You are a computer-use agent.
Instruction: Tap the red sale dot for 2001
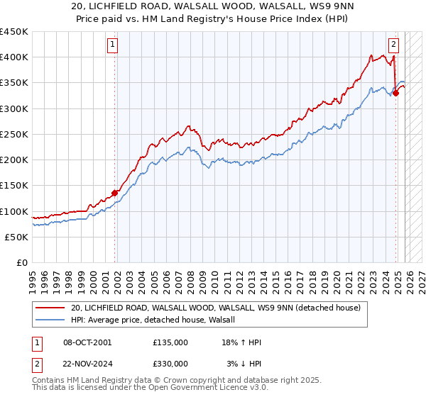coord(114,193)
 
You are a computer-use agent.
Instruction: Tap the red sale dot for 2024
coord(395,93)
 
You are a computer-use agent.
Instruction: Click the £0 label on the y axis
coord(22,262)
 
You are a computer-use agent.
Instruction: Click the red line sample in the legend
coord(50,308)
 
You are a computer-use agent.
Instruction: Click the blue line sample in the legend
coord(50,320)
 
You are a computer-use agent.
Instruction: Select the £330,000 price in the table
coord(170,363)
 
